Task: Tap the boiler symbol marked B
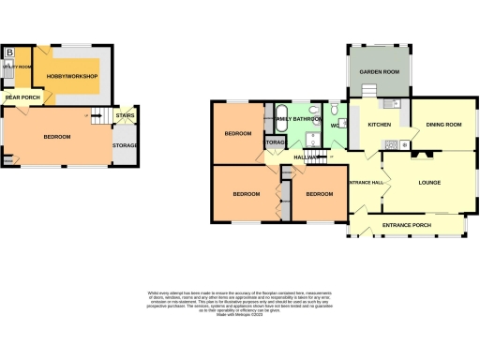tap(10, 51)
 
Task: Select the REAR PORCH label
tap(22, 97)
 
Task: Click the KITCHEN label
tap(379, 124)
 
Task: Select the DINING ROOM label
tap(444, 124)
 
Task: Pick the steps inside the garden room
tap(371, 89)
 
